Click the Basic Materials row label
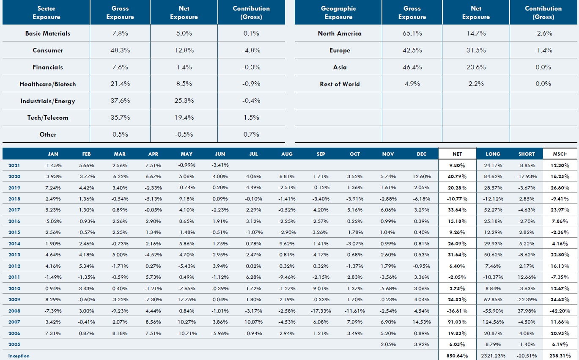[48, 33]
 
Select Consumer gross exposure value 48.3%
[120, 50]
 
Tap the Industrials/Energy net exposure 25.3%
[184, 101]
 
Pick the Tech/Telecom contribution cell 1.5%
[251, 118]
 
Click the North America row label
[340, 33]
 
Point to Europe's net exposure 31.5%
[476, 50]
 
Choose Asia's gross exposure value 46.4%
[412, 67]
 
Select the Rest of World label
[340, 84]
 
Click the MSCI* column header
[560, 154]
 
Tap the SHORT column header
[527, 154]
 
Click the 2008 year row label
[14, 311]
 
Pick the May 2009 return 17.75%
[186, 300]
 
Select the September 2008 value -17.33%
[321, 311]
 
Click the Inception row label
[19, 356]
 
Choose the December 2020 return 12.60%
[422, 176]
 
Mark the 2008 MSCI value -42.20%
[560, 311]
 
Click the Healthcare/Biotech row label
[48, 84]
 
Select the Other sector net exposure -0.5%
[184, 135]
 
